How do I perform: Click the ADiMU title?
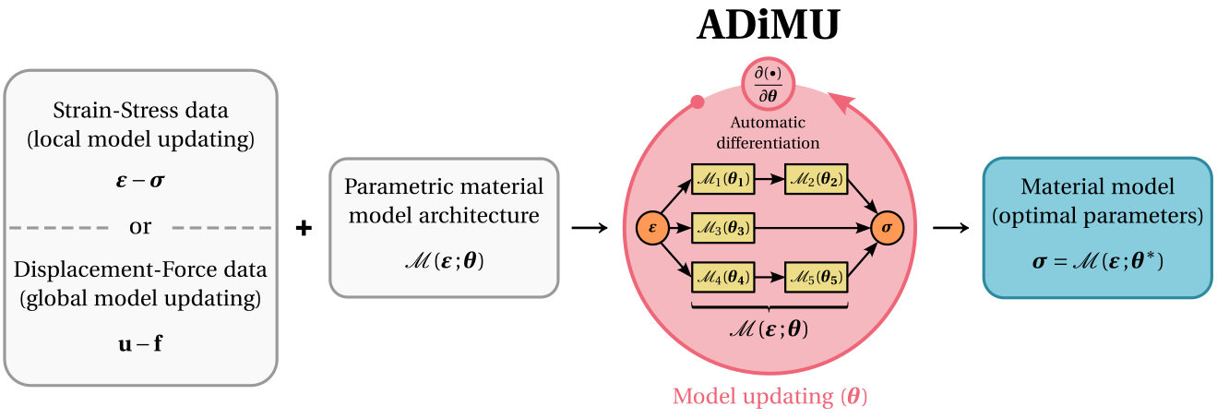pyautogui.click(x=768, y=27)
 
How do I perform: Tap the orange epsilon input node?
pyautogui.click(x=652, y=226)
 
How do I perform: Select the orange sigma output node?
pyautogui.click(x=886, y=226)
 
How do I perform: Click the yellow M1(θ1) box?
pyautogui.click(x=722, y=179)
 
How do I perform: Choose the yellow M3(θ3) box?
pyautogui.click(x=722, y=226)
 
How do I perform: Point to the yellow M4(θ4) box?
pyautogui.click(x=722, y=274)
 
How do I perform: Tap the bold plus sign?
pyautogui.click(x=304, y=228)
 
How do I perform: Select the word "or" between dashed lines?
pyautogui.click(x=140, y=227)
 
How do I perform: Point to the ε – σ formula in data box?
pyautogui.click(x=140, y=180)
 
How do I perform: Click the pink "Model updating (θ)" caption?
pyautogui.click(x=770, y=397)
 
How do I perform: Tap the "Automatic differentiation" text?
pyautogui.click(x=769, y=132)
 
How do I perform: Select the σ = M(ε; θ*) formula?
pyautogui.click(x=1097, y=263)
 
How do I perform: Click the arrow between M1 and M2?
pyautogui.click(x=770, y=179)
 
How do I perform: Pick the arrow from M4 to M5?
pyautogui.click(x=770, y=274)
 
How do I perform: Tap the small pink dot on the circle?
pyautogui.click(x=698, y=102)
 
